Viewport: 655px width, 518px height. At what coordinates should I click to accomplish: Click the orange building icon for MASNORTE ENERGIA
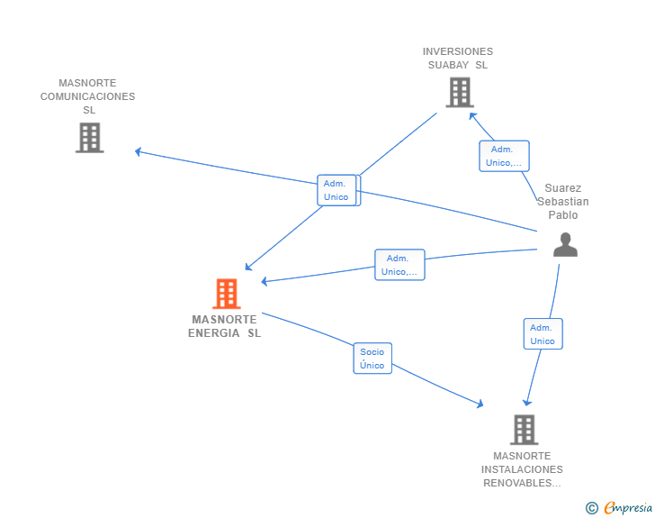227,294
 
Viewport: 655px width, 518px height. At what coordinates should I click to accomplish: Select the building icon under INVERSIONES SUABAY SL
460,92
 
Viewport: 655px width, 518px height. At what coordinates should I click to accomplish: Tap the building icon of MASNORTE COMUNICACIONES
89,138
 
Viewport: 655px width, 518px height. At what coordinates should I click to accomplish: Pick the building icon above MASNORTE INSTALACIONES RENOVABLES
524,430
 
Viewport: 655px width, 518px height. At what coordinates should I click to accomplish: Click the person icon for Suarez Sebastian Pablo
565,244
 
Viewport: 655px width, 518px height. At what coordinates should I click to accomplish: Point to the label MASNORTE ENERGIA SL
224,326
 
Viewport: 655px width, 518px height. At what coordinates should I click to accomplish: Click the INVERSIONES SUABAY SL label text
458,59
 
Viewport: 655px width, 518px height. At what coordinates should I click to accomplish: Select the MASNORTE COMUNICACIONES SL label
88,96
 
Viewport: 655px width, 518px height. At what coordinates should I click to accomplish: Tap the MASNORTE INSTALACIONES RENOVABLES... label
522,469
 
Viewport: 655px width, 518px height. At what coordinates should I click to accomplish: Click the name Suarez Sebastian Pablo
562,201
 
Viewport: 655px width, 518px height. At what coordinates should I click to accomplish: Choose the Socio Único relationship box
372,359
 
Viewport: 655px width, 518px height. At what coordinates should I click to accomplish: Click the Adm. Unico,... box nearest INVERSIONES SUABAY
504,156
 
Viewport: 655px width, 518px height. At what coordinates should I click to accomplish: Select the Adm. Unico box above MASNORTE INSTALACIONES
543,334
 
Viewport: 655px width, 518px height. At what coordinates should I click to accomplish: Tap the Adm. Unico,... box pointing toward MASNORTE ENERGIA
399,265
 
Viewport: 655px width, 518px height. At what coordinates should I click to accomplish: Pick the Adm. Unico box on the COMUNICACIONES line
337,190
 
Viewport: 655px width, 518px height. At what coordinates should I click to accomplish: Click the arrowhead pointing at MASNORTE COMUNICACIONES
138,151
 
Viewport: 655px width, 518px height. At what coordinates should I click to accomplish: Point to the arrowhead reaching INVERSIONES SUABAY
472,116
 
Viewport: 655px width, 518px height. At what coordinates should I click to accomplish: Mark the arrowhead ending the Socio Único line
480,404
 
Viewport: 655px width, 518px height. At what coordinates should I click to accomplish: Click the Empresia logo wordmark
628,507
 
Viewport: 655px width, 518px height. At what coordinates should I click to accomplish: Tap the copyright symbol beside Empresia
592,508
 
